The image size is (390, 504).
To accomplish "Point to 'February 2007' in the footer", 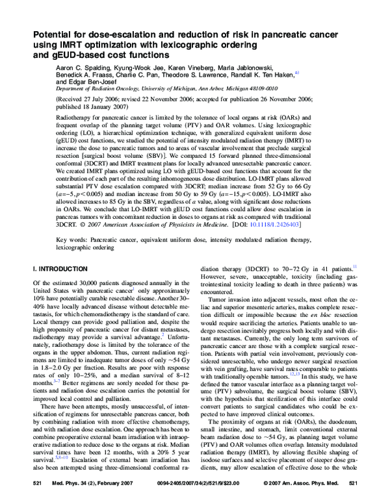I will tap(118, 485).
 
